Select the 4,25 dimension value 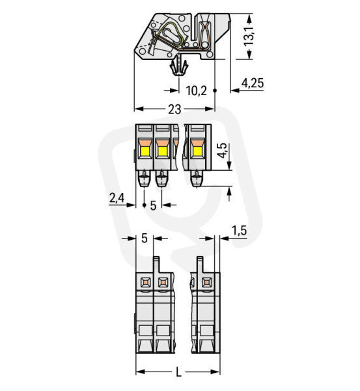coord(253,83)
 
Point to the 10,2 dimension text coord(197,91)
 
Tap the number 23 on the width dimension coord(174,109)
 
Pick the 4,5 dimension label coord(222,151)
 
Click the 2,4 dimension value coord(117,198)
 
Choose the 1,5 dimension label coord(239,231)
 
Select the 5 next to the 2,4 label coord(153,205)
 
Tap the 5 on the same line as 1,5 coord(145,239)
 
